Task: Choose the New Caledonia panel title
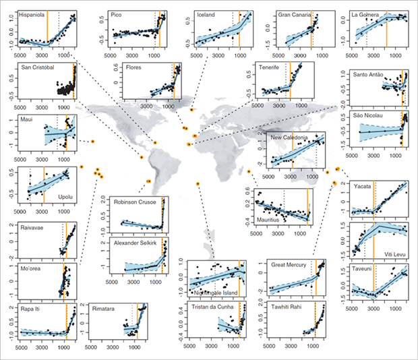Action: (289, 138)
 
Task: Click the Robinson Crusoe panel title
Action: (134, 201)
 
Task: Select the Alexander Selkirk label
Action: (137, 244)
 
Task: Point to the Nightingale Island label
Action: (216, 293)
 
